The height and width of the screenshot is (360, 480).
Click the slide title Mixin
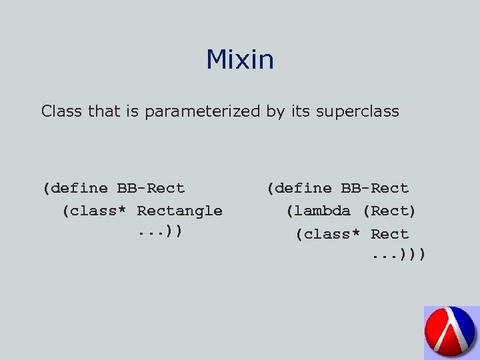coord(239,60)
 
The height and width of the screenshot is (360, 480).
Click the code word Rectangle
coord(179,211)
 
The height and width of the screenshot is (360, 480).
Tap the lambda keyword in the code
coord(322,211)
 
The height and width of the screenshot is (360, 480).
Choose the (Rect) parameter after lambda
coord(389,211)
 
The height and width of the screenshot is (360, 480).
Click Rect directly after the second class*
coord(390,235)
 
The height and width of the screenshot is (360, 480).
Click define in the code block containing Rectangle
coord(78,189)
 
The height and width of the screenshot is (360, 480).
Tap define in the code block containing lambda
coord(303,189)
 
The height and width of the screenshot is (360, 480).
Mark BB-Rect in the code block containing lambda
coord(375,189)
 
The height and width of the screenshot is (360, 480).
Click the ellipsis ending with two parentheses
coord(161,233)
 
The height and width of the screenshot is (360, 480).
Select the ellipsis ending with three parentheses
coord(399,255)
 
